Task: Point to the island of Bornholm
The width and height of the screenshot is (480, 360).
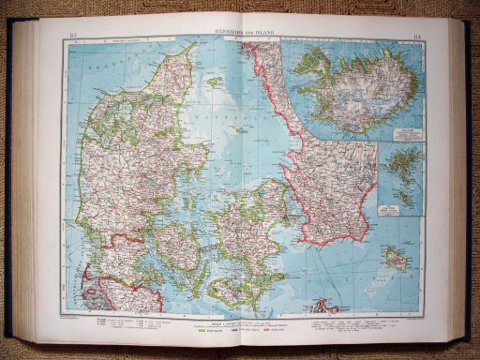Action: (397, 260)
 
